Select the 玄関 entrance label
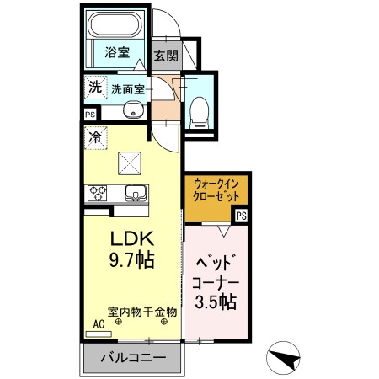click(x=166, y=56)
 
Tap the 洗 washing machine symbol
click(x=95, y=87)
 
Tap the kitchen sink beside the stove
click(x=135, y=194)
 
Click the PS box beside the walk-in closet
click(x=242, y=216)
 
